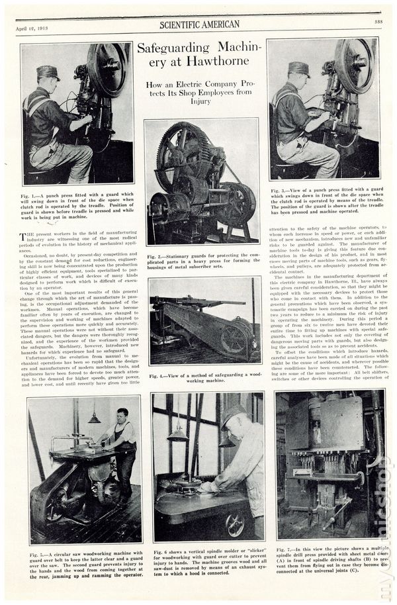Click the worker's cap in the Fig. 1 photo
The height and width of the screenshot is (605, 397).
tap(48, 71)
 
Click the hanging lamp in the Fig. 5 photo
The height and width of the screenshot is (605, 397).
tap(94, 418)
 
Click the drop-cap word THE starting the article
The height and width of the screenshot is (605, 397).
tap(28, 237)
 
